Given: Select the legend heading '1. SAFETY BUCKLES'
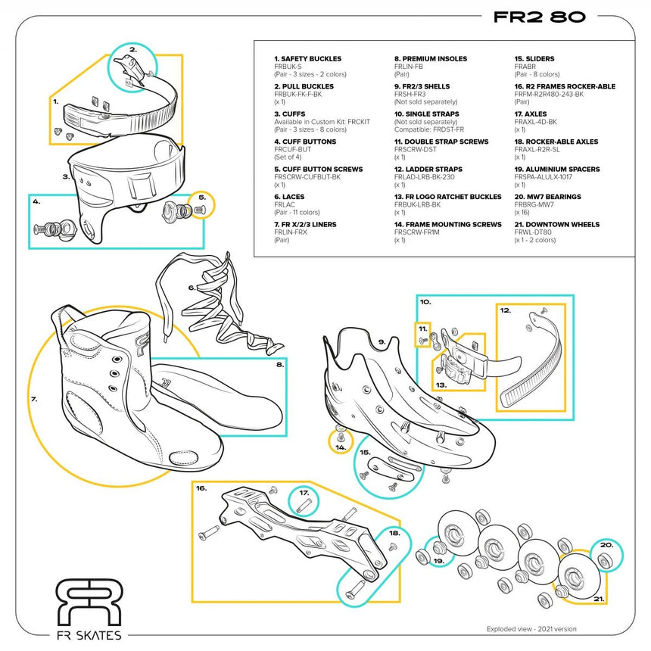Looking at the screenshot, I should (307, 59).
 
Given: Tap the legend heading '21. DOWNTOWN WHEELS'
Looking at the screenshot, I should (556, 225).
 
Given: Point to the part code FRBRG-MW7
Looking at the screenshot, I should (534, 204).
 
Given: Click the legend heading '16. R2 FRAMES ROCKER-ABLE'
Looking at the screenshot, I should (565, 86).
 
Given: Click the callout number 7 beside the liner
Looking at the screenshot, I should (34, 398).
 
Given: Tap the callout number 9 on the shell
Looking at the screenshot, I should (382, 342).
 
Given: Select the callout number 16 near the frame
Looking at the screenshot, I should (201, 489).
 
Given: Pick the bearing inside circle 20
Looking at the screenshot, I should (605, 561).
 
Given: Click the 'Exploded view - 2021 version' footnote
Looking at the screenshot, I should (531, 629).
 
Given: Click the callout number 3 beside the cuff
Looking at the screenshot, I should (66, 177).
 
